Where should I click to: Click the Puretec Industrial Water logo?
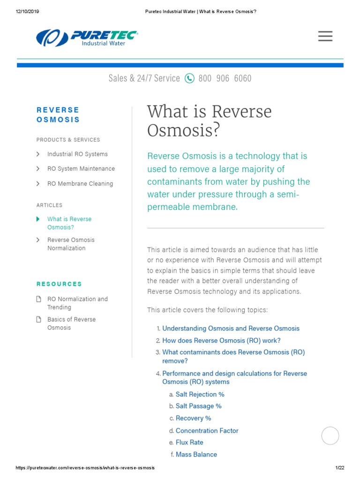point(87,37)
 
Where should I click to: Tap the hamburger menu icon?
point(325,36)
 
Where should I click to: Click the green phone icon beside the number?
point(189,78)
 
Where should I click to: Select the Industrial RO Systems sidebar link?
point(77,154)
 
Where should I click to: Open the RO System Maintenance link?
point(81,169)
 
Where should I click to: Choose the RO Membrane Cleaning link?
point(80,184)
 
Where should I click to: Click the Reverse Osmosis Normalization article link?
point(71,244)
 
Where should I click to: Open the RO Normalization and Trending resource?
point(77,303)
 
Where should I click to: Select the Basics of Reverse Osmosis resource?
point(71,323)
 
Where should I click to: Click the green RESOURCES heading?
point(59,284)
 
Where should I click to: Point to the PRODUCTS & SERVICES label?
point(68,140)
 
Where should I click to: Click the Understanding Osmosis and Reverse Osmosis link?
point(231,329)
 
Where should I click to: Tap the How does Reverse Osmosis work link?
point(221,341)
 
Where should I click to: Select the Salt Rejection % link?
point(200,395)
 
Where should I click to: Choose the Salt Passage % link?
point(198,406)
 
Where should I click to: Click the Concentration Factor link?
point(207,431)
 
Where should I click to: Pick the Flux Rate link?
point(189,442)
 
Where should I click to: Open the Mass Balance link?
point(196,455)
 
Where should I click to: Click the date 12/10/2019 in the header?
point(27,12)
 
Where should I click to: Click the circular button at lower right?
point(330,435)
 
